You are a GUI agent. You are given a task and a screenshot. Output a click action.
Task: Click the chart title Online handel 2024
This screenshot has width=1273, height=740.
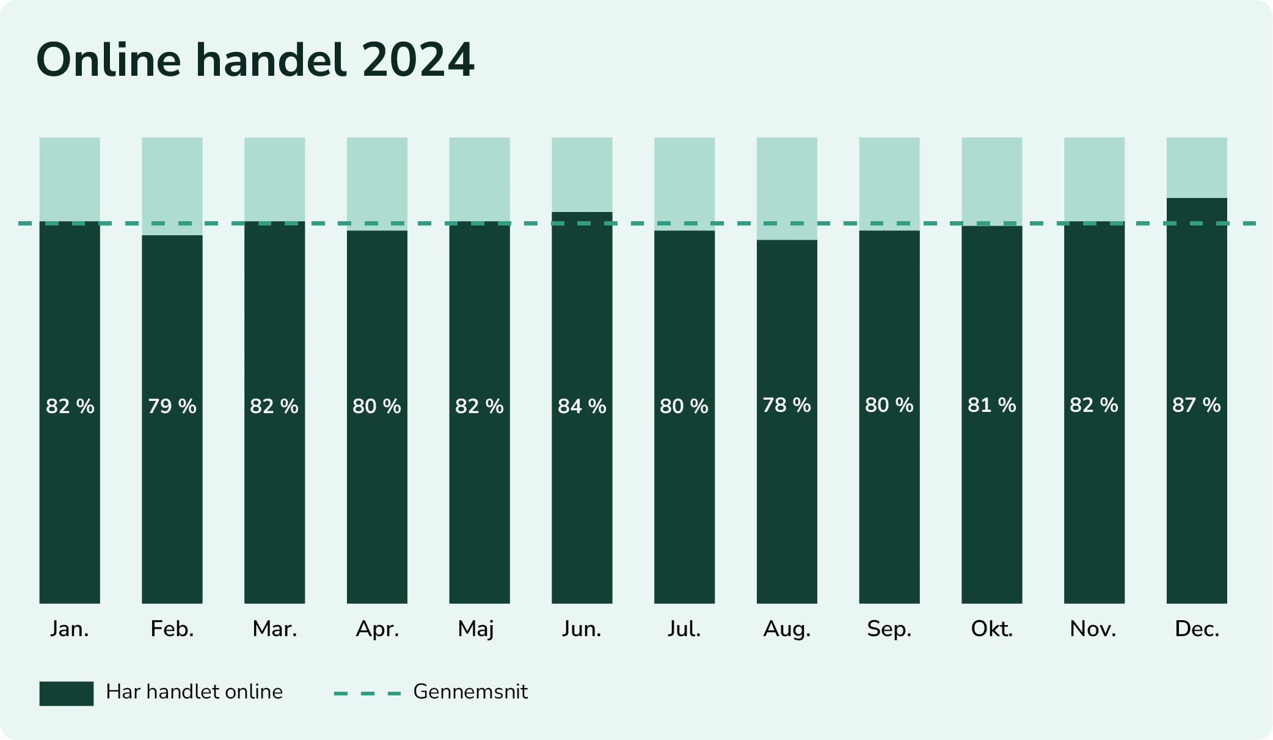[x=255, y=60]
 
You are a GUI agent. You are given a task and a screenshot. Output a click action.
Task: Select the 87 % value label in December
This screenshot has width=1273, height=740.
[x=1196, y=405]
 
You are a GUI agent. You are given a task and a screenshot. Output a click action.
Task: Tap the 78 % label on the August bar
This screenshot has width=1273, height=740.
[x=786, y=405]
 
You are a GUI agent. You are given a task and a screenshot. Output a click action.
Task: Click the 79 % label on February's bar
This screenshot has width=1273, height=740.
[x=172, y=406]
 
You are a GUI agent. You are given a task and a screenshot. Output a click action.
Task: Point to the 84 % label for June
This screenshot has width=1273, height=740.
[x=582, y=406]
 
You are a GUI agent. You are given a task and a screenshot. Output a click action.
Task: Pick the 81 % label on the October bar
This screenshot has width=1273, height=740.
[x=991, y=405]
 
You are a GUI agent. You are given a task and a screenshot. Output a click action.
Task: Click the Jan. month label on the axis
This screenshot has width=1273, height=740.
[x=70, y=629]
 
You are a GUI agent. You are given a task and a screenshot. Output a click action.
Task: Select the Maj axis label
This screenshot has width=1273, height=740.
[x=476, y=629]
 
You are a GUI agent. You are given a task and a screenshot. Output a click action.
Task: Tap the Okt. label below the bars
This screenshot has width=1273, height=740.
[x=991, y=629]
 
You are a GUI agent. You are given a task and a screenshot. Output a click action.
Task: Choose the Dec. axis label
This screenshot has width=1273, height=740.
[x=1197, y=629]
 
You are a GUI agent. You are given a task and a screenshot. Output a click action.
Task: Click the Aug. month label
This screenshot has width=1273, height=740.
[x=787, y=629]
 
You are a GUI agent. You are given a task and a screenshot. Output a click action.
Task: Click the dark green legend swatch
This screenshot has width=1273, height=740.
[x=66, y=694]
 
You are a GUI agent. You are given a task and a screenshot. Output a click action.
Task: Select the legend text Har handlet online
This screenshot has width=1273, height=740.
[x=194, y=692]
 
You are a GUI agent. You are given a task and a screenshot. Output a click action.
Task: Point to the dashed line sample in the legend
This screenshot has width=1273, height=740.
[x=367, y=694]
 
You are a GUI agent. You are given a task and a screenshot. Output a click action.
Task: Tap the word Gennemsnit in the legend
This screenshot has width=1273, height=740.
[x=470, y=692]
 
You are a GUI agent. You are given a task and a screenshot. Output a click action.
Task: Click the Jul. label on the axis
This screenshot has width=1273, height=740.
[x=684, y=629]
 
